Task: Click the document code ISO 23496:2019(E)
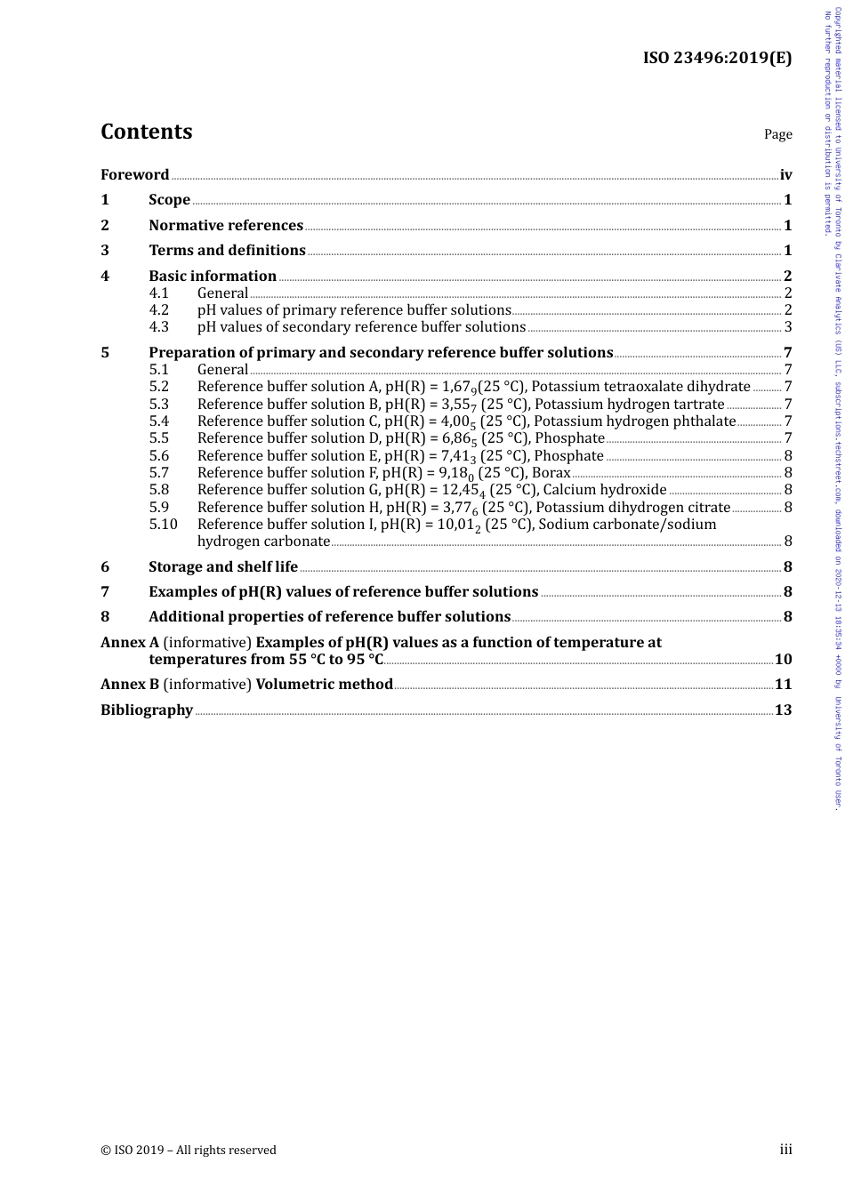point(717,59)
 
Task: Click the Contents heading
point(146,132)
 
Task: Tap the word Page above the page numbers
point(777,134)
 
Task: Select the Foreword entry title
point(134,174)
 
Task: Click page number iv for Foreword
point(785,174)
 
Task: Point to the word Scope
point(169,200)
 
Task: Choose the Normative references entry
point(226,225)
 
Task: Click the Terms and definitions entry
point(227,251)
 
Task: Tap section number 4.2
point(158,310)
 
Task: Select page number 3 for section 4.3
point(788,327)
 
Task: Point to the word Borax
point(551,473)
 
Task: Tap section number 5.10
point(163,525)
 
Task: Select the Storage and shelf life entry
point(223,566)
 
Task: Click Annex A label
point(130,642)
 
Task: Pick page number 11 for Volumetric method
point(783,685)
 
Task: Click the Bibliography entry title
point(147,710)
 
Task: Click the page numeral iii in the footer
point(785,1150)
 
